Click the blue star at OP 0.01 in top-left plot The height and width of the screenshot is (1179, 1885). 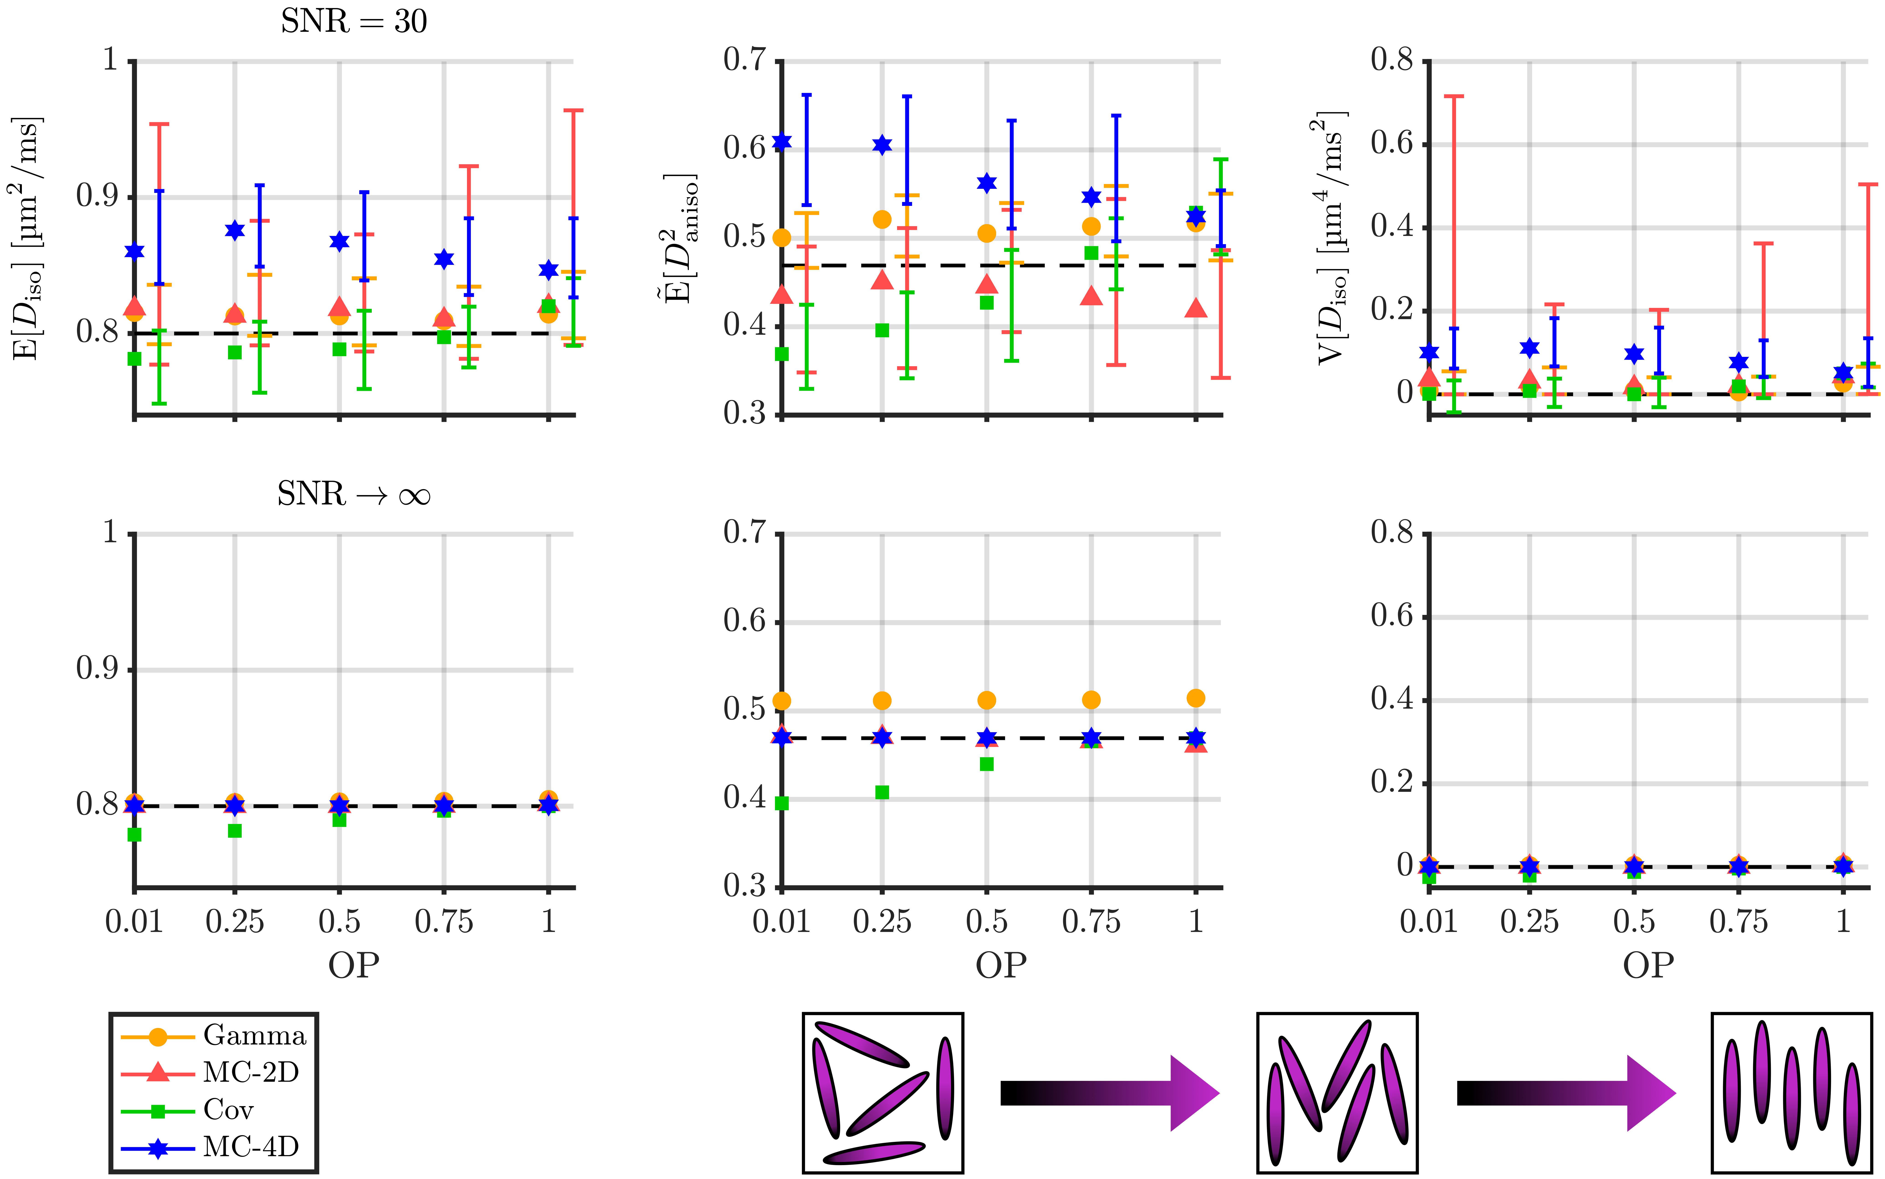[x=134, y=251]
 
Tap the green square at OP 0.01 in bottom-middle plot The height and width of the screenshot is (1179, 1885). [x=782, y=803]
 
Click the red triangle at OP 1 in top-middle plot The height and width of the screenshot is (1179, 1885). [x=1195, y=309]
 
